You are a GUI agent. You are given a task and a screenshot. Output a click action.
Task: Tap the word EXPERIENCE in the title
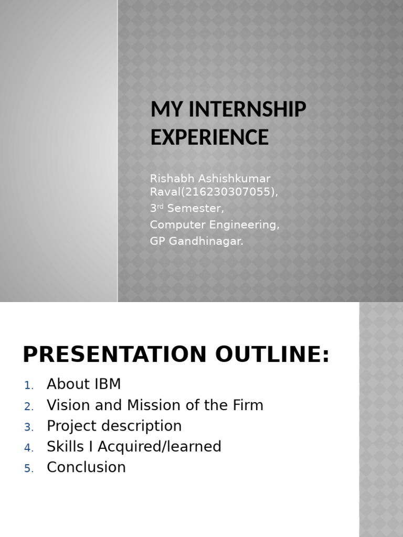click(209, 137)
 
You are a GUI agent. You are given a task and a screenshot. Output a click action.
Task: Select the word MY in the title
click(161, 110)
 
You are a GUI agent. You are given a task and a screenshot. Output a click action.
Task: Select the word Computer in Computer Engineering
click(174, 225)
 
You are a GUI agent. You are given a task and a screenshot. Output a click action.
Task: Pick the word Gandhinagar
click(206, 242)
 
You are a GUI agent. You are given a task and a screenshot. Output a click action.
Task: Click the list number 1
click(28, 385)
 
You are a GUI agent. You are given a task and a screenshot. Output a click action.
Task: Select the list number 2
click(28, 406)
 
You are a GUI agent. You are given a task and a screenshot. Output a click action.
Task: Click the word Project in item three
click(71, 426)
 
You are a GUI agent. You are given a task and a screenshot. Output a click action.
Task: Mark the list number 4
click(28, 448)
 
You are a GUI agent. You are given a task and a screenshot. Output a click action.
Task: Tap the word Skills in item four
click(65, 447)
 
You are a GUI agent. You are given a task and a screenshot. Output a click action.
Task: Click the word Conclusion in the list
click(86, 467)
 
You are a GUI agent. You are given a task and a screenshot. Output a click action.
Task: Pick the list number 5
click(28, 468)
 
